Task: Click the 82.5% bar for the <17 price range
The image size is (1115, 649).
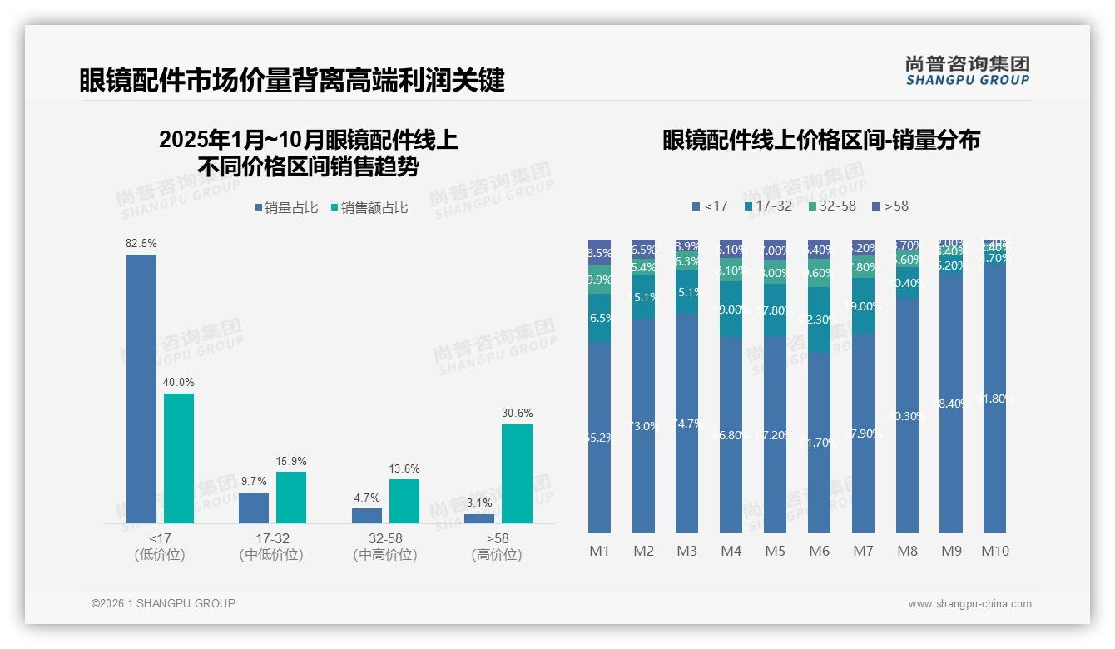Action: click(141, 389)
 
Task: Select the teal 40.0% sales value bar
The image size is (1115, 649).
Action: click(179, 458)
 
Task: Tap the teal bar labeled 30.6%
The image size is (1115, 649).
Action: click(517, 473)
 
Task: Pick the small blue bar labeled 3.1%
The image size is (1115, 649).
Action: click(479, 518)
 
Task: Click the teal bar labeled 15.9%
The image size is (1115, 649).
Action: click(291, 498)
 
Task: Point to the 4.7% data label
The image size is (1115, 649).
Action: click(367, 498)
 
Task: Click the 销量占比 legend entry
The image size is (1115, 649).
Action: click(286, 208)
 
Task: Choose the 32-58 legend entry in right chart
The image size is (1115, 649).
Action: click(831, 206)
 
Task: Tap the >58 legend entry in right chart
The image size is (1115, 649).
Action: click(890, 206)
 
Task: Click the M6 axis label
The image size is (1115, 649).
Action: click(819, 551)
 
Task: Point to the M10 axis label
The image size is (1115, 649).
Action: click(994, 551)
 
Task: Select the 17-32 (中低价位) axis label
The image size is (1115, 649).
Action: click(271, 547)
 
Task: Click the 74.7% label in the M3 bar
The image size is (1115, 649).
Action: click(687, 423)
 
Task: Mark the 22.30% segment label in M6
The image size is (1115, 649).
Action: click(819, 320)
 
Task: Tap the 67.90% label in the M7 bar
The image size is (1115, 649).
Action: click(863, 432)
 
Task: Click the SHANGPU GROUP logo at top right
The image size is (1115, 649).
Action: click(967, 71)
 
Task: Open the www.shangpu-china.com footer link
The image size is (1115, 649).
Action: click(969, 604)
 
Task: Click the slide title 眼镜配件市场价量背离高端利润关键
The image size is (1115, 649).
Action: click(292, 81)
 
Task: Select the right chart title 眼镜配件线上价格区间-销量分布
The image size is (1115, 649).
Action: click(820, 140)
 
